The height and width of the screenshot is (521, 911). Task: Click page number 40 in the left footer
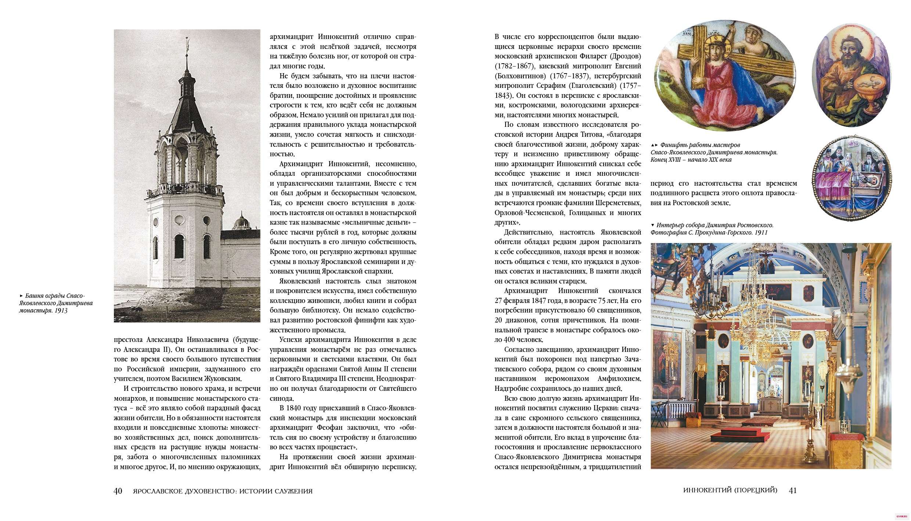[118, 491]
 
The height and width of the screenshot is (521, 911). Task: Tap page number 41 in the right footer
[792, 490]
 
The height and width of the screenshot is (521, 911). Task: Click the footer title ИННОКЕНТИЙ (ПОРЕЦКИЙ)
[730, 490]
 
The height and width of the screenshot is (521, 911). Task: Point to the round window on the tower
[180, 221]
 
